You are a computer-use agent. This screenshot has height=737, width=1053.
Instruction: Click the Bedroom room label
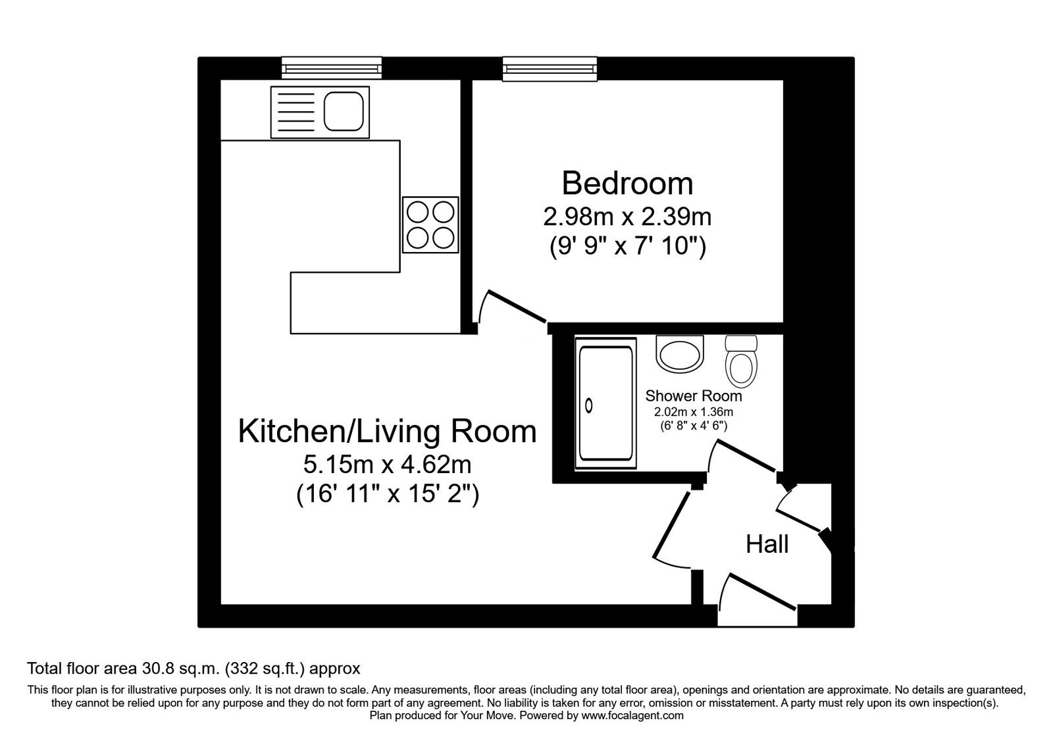pyautogui.click(x=627, y=184)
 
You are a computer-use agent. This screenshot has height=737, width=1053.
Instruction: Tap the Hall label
pyautogui.click(x=767, y=544)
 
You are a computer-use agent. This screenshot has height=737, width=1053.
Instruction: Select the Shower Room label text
pyautogui.click(x=694, y=395)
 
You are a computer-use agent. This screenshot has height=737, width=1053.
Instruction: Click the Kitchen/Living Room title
pyautogui.click(x=387, y=432)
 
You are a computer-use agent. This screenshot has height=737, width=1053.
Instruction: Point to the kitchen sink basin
pyautogui.click(x=344, y=111)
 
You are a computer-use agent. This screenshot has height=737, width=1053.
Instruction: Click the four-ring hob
pyautogui.click(x=430, y=224)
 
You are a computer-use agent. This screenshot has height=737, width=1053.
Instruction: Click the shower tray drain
pyautogui.click(x=588, y=405)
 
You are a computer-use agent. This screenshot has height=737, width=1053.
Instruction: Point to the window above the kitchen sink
pyautogui.click(x=332, y=68)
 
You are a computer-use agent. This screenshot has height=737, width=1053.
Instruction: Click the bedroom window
pyautogui.click(x=550, y=68)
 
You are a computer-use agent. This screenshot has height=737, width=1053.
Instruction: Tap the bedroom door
pyautogui.click(x=517, y=307)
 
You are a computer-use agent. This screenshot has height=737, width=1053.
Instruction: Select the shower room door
pyautogui.click(x=746, y=455)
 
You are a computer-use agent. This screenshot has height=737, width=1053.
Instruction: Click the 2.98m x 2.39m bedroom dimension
pyautogui.click(x=627, y=217)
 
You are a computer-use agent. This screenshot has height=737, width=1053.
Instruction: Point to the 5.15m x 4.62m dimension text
pyautogui.click(x=387, y=465)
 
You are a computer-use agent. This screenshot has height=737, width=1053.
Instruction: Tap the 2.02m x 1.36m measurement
pyautogui.click(x=694, y=412)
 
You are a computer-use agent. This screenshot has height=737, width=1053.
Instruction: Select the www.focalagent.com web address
pyautogui.click(x=632, y=716)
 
